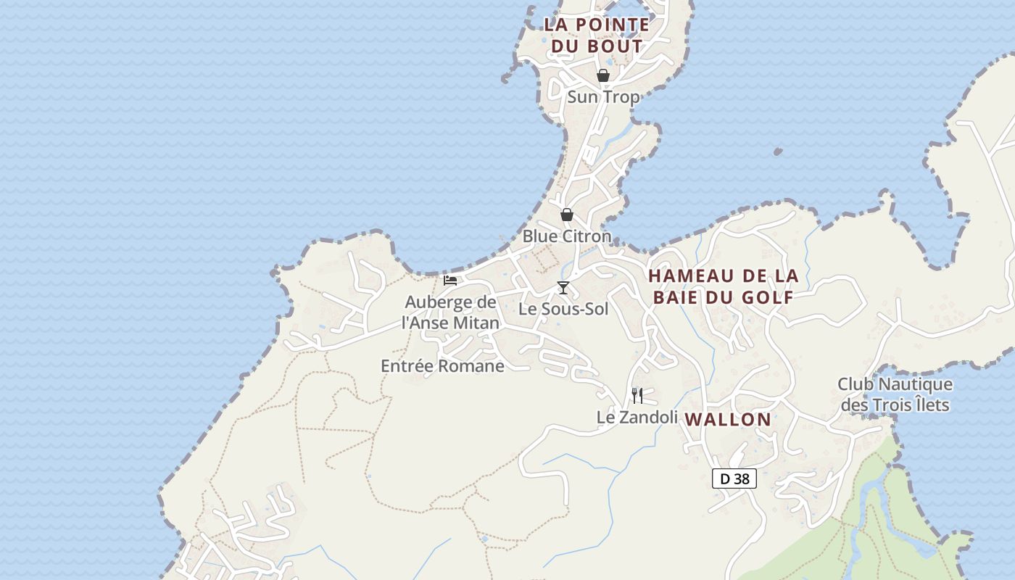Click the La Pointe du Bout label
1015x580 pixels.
[597, 35]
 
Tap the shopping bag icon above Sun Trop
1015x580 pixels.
[602, 75]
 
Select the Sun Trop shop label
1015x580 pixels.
[603, 96]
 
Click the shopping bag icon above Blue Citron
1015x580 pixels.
[567, 215]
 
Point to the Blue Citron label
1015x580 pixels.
[567, 236]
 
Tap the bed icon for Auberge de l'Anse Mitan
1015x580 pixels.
[450, 281]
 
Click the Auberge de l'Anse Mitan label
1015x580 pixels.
[450, 312]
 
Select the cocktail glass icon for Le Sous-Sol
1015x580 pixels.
[563, 288]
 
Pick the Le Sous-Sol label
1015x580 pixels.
[563, 309]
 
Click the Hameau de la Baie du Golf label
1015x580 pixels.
[724, 286]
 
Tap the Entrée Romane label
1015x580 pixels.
[442, 366]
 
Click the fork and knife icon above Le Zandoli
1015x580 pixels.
[637, 395]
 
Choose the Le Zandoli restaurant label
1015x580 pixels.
[637, 417]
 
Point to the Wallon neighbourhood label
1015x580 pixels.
[728, 419]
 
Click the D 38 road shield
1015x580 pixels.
[734, 478]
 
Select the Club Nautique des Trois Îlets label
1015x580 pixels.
[895, 394]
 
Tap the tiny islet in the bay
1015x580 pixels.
[778, 152]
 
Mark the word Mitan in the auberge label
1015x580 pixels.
[476, 323]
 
